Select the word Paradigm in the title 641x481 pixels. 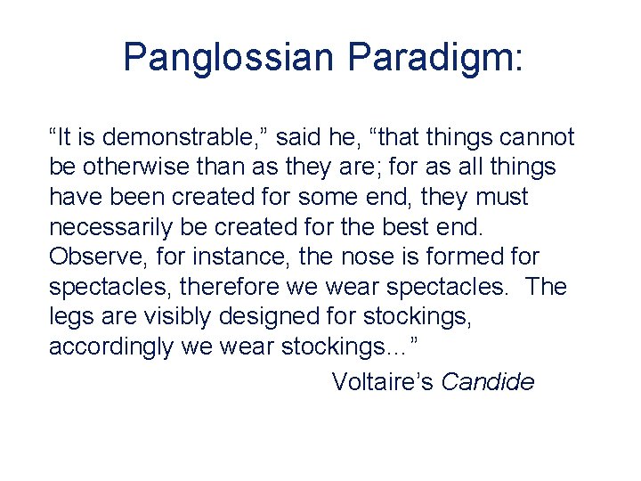(x=435, y=58)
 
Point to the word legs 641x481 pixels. (x=69, y=317)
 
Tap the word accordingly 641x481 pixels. (x=111, y=347)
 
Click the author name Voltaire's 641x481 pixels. (x=383, y=382)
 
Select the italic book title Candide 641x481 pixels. (x=488, y=382)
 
